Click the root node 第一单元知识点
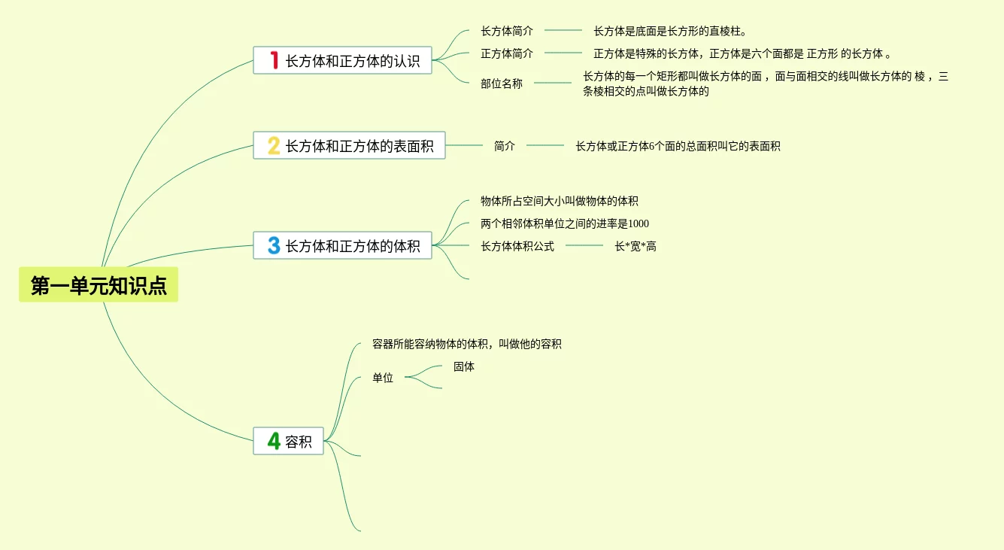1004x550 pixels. (99, 285)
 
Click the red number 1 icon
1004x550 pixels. (274, 60)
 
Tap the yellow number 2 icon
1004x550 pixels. (274, 145)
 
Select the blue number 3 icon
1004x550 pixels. (274, 245)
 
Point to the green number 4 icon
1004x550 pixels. (274, 441)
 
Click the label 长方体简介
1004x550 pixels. (507, 31)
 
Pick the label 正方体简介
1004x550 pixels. (507, 53)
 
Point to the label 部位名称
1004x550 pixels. (502, 84)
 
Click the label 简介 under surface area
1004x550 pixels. (505, 146)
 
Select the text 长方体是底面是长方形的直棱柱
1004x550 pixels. (670, 31)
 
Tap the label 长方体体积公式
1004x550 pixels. (517, 246)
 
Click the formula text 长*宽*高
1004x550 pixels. (635, 246)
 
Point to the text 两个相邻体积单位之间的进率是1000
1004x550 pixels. (565, 223)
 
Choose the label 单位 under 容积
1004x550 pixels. (383, 378)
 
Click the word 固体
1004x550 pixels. (464, 366)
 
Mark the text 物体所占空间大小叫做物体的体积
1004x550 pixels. (560, 201)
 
